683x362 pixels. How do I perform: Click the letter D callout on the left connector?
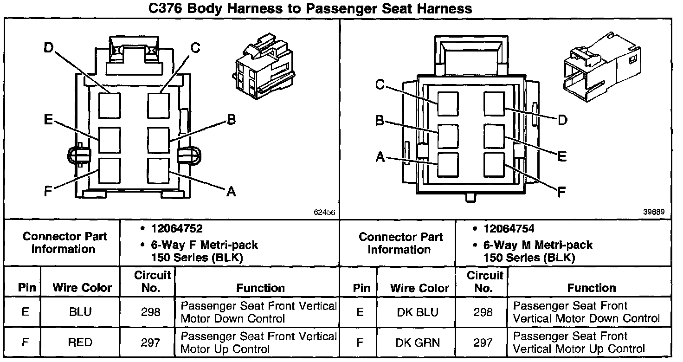click(x=48, y=48)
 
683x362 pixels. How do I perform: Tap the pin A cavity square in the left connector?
click(x=158, y=171)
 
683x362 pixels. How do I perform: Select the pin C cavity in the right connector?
click(x=448, y=104)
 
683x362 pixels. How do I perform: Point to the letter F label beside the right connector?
click(x=561, y=192)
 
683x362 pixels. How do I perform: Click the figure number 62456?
click(x=324, y=212)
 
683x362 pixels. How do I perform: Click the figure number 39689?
click(x=654, y=212)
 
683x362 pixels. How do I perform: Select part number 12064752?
click(x=176, y=229)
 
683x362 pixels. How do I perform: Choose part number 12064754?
click(x=509, y=229)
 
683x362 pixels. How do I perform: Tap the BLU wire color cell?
click(x=80, y=312)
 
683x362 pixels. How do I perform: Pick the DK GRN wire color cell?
click(x=418, y=343)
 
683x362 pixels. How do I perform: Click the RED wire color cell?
click(x=80, y=342)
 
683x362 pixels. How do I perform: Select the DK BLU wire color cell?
click(x=418, y=312)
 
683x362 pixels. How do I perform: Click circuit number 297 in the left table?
click(x=150, y=343)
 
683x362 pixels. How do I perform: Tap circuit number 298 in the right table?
click(x=483, y=312)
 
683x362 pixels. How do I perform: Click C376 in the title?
click(x=165, y=8)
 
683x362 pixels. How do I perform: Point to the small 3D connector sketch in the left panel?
click(x=264, y=66)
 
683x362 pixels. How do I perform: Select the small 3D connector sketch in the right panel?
click(x=602, y=66)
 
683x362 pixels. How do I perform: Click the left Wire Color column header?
click(x=82, y=288)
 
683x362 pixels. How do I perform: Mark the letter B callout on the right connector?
click(x=379, y=120)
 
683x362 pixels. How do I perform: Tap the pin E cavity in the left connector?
click(x=110, y=140)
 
